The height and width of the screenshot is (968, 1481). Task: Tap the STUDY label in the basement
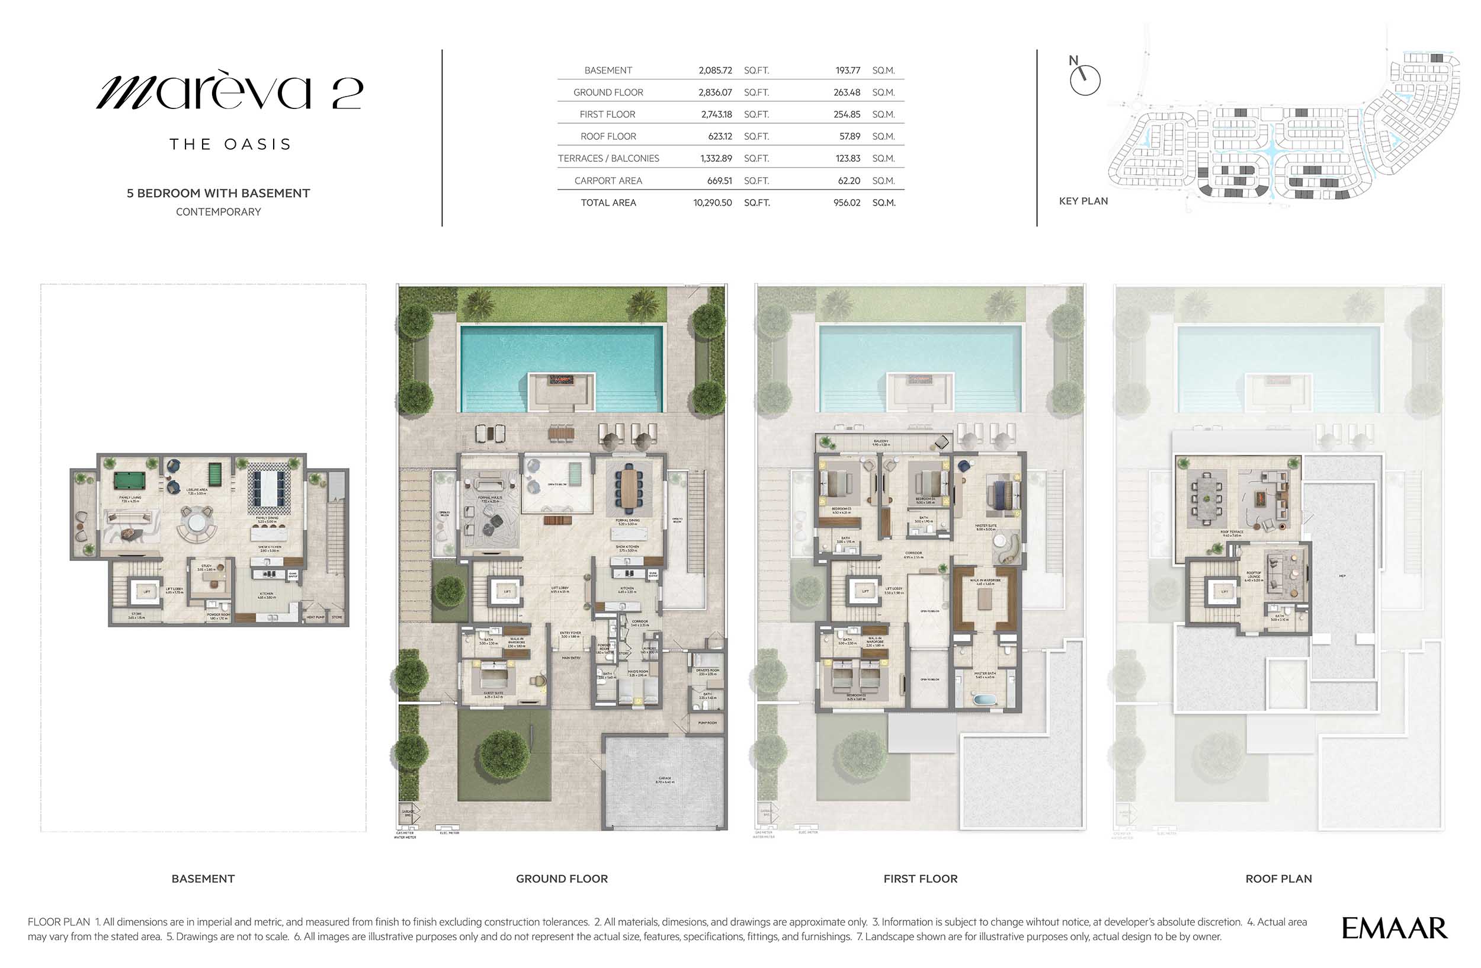point(206,567)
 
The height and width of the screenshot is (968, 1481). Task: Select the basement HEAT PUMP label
point(316,617)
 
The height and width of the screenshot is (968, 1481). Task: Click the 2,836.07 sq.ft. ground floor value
point(715,92)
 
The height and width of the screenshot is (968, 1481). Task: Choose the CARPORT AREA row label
point(607,181)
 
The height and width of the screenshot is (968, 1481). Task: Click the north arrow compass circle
point(1085,80)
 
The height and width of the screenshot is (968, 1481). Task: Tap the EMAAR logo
point(1394,928)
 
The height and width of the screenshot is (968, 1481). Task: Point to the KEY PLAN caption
point(1083,201)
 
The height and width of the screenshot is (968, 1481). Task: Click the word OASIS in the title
point(258,145)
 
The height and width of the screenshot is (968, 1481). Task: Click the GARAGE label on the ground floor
point(664,779)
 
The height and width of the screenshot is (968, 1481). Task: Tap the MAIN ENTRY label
point(570,658)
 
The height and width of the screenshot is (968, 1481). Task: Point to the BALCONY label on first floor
point(880,441)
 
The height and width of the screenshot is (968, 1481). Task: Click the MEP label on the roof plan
point(1342,576)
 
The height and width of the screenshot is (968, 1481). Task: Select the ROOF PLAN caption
point(1278,879)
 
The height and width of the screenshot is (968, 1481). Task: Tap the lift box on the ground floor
point(507,592)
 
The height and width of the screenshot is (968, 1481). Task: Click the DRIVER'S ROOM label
point(707,671)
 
